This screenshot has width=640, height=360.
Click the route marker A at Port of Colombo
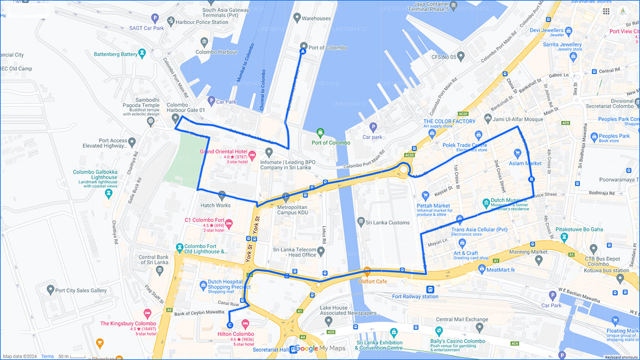point(302,50)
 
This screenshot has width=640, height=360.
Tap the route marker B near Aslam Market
point(531,179)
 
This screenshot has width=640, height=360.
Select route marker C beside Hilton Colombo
point(229,324)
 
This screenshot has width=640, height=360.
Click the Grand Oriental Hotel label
point(223,151)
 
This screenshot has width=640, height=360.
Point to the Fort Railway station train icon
point(430,289)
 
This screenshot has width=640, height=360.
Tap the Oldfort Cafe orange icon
point(367,272)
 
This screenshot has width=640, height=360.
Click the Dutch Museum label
point(508,200)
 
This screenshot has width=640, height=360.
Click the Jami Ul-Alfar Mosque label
point(518,119)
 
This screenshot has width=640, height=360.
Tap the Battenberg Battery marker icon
point(142,52)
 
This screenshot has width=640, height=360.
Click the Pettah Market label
point(433,205)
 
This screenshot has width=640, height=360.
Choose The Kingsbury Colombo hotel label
point(128,323)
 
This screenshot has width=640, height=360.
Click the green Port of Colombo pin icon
point(320,132)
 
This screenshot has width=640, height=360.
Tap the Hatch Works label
point(215,205)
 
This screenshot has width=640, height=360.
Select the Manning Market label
point(528,252)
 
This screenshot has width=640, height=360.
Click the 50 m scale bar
point(70,356)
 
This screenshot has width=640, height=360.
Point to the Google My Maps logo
point(320,348)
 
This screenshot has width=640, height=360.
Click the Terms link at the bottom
point(47,356)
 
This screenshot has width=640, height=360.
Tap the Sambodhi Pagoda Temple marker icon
point(150,121)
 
